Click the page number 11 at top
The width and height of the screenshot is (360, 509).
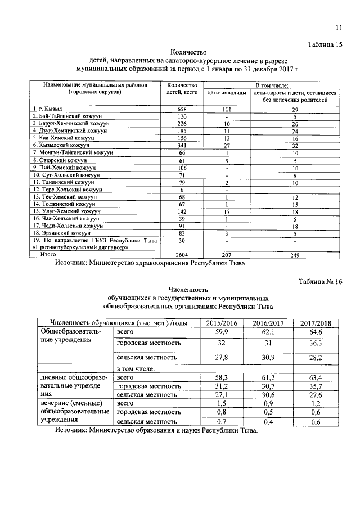(338, 28)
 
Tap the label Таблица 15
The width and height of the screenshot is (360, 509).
(325, 44)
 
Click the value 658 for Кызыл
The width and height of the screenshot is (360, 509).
(182, 108)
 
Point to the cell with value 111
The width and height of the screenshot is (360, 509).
(226, 108)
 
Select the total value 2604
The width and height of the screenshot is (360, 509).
(182, 255)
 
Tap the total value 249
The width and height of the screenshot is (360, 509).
(290, 255)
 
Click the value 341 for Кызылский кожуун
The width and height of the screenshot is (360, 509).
(182, 145)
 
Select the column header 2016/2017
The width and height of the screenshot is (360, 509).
(267, 323)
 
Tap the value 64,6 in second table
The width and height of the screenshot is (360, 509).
(315, 332)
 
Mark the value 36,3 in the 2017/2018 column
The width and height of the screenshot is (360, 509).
(315, 343)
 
